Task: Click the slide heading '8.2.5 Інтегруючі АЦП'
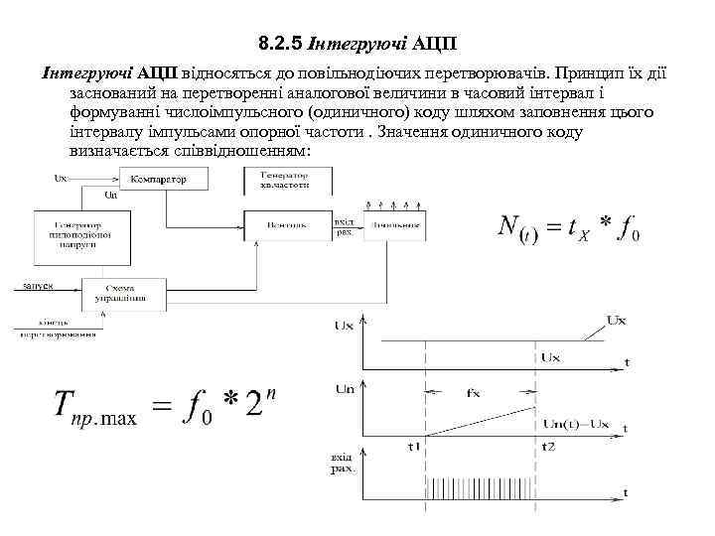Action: pyautogui.click(x=357, y=45)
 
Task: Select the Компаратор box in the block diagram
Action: pyautogui.click(x=166, y=179)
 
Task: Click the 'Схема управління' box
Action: pyautogui.click(x=121, y=292)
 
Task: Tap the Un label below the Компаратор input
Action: pyautogui.click(x=112, y=196)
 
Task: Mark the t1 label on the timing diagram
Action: pyautogui.click(x=415, y=446)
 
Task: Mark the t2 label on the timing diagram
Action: pyautogui.click(x=547, y=446)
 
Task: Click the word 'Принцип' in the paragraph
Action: pyautogui.click(x=594, y=74)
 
